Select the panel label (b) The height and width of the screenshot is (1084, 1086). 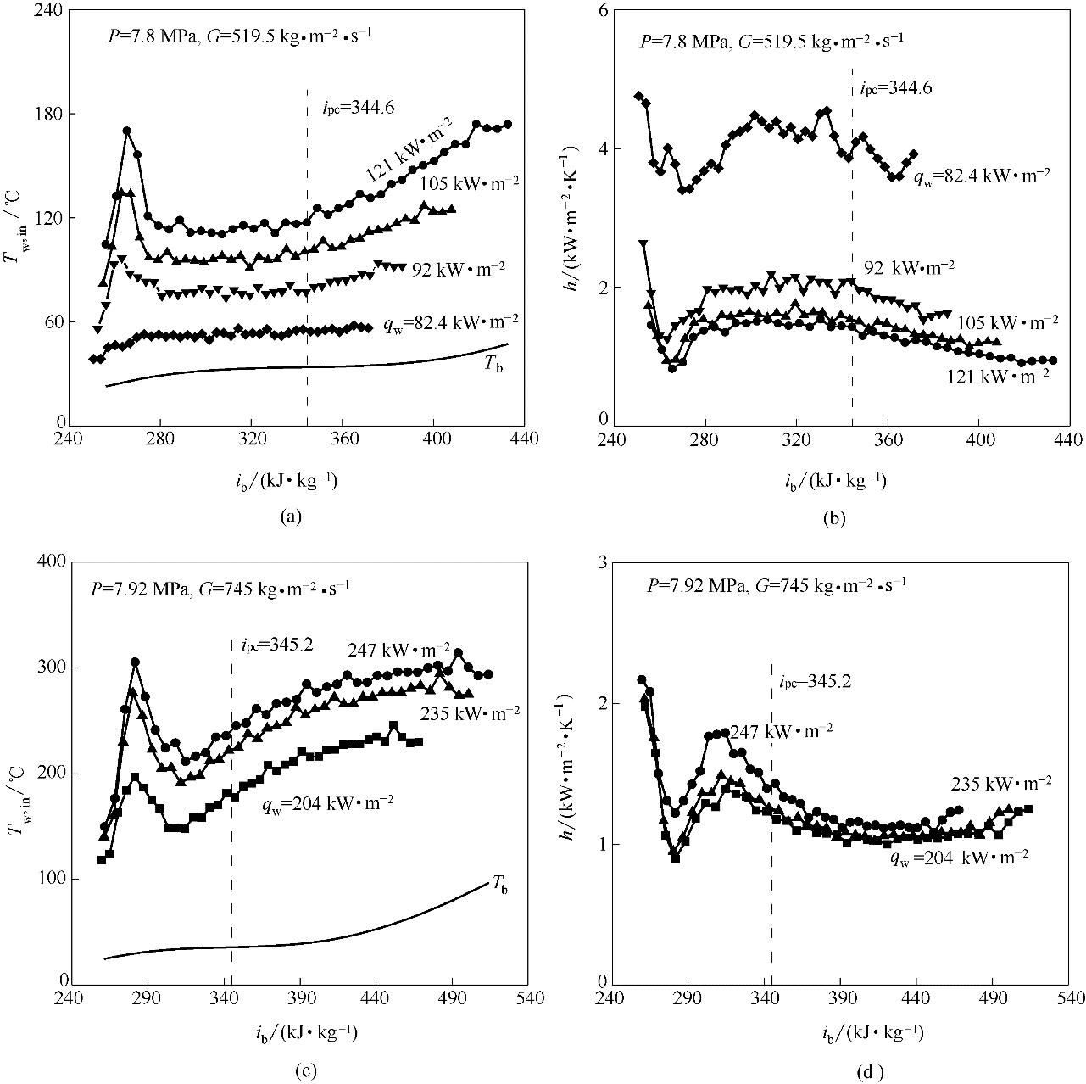[x=833, y=517]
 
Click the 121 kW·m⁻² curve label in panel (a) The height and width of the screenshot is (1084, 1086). [x=409, y=148]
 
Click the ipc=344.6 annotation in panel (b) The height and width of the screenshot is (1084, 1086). [x=896, y=87]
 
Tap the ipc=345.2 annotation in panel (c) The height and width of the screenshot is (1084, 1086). [x=271, y=644]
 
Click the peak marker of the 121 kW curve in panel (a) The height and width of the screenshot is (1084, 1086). [x=127, y=131]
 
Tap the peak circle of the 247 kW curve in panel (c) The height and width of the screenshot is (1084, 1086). [x=135, y=662]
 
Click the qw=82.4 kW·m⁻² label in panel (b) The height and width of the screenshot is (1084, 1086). [x=982, y=176]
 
